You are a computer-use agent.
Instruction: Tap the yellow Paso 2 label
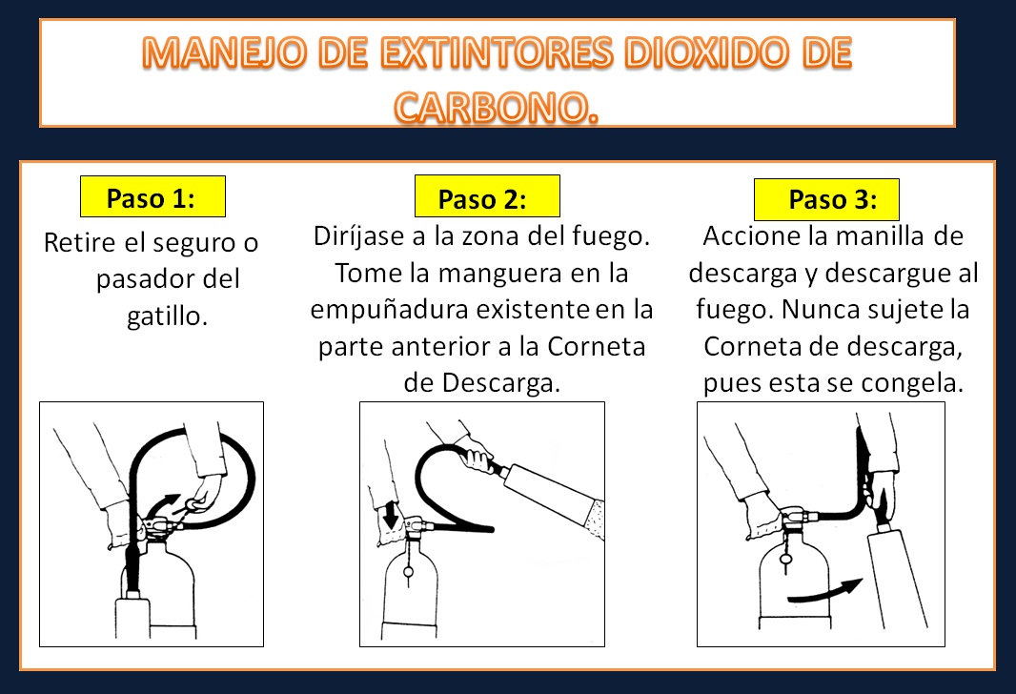[x=486, y=198]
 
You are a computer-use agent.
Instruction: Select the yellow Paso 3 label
[x=826, y=200]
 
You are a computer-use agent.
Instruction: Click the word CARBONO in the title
[x=497, y=107]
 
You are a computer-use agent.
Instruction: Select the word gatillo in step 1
[x=167, y=316]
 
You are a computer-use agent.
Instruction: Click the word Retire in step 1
[x=82, y=243]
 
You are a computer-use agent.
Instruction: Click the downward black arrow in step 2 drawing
[x=391, y=516]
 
